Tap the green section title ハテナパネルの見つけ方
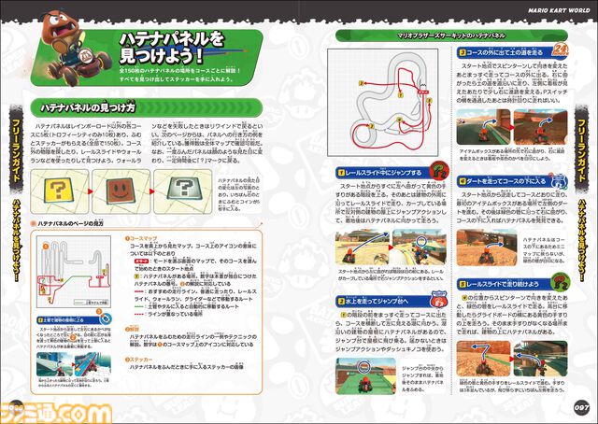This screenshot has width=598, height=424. pyautogui.click(x=87, y=109)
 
